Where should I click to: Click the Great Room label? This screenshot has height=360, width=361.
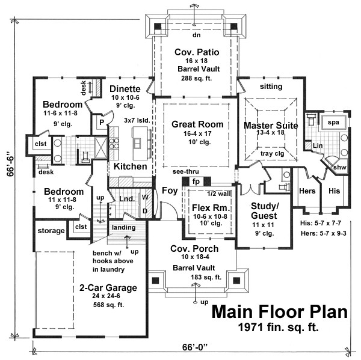pos(197,124)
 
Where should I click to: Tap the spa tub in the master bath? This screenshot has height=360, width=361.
pos(333,122)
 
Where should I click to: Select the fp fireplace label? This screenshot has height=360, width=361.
pos(196,182)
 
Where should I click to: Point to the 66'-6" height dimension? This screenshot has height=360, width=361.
pos(11,163)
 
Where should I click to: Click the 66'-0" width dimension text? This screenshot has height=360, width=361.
pos(195,347)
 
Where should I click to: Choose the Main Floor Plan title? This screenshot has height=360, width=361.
pos(279,312)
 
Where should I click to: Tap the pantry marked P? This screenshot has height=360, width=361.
pos(102,123)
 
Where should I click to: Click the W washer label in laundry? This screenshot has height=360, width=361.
pos(145,197)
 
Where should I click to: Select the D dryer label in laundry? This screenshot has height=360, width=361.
pos(145,211)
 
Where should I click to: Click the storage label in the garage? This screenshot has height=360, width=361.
pos(51,231)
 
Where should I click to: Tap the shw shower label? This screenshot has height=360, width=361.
pos(339,167)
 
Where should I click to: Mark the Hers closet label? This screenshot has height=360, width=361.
pos(307,191)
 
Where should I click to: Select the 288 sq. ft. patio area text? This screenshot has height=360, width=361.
pos(196,79)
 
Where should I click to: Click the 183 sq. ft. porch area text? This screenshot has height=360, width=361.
pos(206,277)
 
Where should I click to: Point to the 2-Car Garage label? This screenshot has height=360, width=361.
pos(108,288)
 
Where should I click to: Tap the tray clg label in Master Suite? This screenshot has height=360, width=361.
pos(273,153)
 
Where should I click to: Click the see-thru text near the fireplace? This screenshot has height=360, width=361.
pos(185,171)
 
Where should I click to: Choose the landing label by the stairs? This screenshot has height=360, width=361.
pos(123,228)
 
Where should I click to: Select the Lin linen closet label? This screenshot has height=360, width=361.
pos(318,145)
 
